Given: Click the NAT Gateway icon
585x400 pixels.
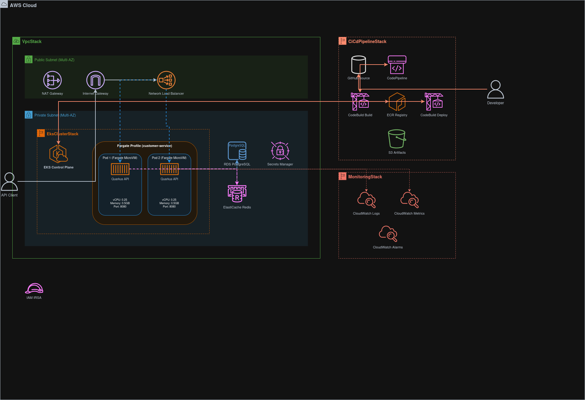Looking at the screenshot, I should click(x=52, y=80).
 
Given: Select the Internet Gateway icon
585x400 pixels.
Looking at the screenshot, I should click(x=95, y=80).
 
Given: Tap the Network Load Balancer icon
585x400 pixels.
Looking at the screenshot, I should click(x=166, y=80).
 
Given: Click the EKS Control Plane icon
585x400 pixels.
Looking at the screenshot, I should click(x=58, y=154).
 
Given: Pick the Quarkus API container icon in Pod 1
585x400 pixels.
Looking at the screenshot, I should click(x=120, y=169).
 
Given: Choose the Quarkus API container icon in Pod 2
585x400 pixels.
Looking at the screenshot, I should click(x=169, y=169).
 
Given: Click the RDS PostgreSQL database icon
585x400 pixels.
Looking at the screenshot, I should click(x=237, y=151).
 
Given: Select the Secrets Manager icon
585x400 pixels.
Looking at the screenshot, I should click(x=280, y=151).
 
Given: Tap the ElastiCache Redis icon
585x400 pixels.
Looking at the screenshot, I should click(x=237, y=194).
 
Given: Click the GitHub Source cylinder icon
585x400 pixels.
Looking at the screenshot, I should click(x=359, y=65).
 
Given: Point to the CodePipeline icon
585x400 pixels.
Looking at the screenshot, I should click(x=397, y=65).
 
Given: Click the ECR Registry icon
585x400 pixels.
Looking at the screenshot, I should click(x=397, y=102).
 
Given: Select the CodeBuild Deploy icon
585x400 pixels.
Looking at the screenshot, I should click(x=434, y=102).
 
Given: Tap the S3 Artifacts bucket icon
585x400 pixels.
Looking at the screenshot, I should click(x=397, y=139).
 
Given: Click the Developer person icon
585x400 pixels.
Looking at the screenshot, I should click(x=495, y=89).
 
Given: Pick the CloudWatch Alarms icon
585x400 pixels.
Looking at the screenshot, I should click(x=388, y=234).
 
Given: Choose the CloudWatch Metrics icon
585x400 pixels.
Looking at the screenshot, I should click(x=409, y=200).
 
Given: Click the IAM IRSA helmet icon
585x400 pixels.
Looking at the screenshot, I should click(x=34, y=288).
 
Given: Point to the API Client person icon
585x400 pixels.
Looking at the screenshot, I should click(x=9, y=181).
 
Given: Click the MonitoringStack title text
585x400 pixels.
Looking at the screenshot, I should click(x=365, y=177).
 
